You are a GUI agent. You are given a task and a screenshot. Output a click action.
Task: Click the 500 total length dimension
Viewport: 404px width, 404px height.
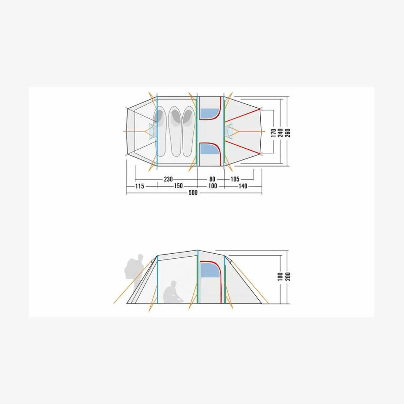click(193, 193)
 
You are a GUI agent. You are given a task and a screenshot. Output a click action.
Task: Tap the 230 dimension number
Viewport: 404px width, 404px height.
click(168, 179)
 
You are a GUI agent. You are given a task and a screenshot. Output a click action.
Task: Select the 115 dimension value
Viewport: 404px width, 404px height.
click(140, 186)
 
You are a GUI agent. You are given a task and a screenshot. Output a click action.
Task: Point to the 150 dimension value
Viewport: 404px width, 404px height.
click(178, 186)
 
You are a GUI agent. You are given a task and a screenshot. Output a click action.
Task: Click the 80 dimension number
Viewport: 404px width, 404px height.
click(212, 179)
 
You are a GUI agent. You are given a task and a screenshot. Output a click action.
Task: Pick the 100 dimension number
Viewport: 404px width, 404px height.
click(213, 186)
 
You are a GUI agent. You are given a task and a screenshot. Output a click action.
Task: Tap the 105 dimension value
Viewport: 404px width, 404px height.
click(235, 179)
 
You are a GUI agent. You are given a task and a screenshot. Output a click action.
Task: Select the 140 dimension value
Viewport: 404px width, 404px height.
click(243, 186)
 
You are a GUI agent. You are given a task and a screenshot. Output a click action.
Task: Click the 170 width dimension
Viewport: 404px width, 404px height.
click(273, 133)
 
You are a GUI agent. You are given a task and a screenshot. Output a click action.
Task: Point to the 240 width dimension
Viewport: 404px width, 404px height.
click(280, 133)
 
